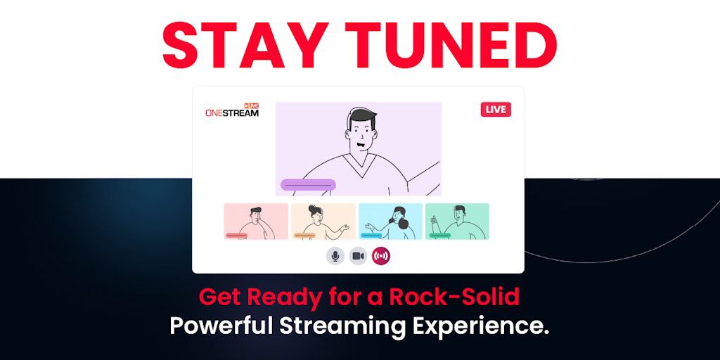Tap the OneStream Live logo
pyautogui.click(x=232, y=110)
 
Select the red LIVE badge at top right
pyautogui.click(x=496, y=109)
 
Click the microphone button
pyautogui.click(x=335, y=256)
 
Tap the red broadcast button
pyautogui.click(x=381, y=256)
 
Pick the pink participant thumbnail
pyautogui.click(x=256, y=221)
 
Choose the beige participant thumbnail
pyautogui.click(x=323, y=221)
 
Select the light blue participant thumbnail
pyautogui.click(x=390, y=221)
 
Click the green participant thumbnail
pyautogui.click(x=457, y=221)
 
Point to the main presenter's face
pyautogui.click(x=361, y=133)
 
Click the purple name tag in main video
pyautogui.click(x=308, y=185)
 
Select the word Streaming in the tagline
pyautogui.click(x=343, y=327)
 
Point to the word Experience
pyautogui.click(x=481, y=327)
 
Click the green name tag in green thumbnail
pyautogui.click(x=440, y=236)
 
